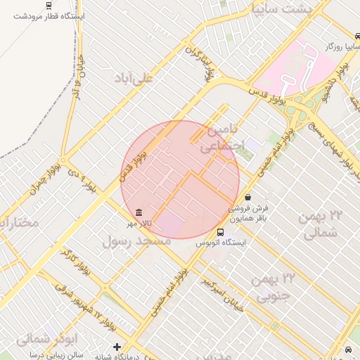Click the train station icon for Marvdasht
click(x=48, y=5)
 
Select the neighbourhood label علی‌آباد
click(x=133, y=79)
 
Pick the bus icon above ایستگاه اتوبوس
click(x=221, y=233)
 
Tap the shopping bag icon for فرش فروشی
click(x=250, y=198)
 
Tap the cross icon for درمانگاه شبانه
click(x=117, y=347)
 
